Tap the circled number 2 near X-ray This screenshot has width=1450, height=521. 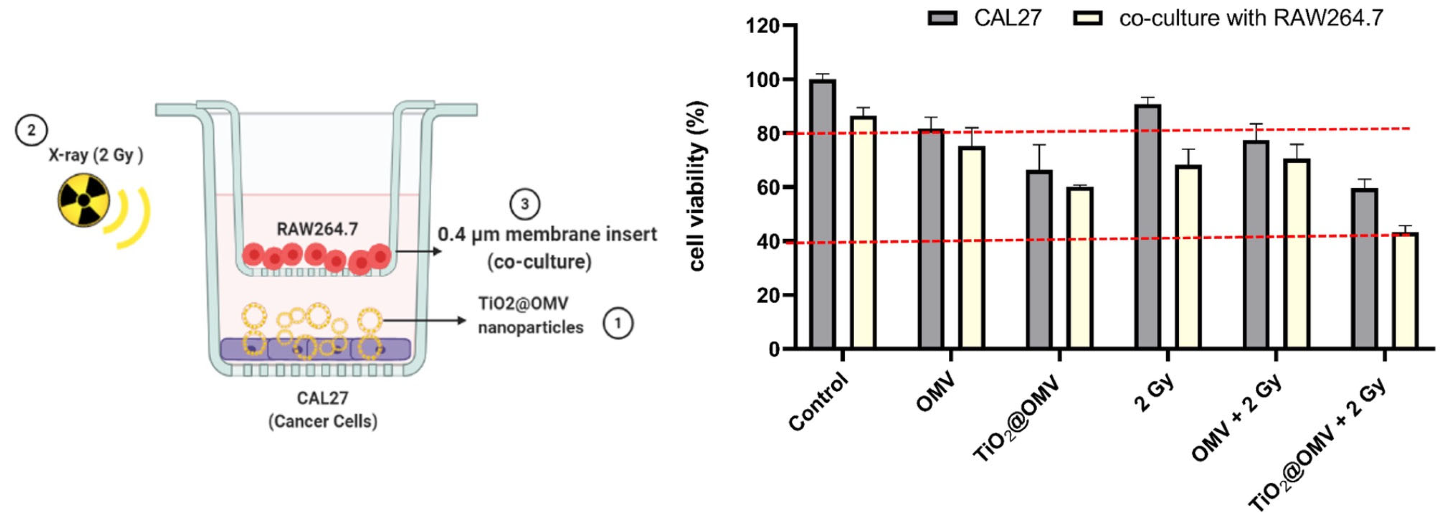coord(31,130)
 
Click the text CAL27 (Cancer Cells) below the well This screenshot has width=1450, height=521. coord(323,410)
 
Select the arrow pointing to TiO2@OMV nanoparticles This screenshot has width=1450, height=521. coord(425,321)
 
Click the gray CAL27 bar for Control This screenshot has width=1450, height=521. coord(823,214)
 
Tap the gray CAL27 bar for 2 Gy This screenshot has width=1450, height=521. coord(1148,226)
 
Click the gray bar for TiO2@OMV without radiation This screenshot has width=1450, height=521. coord(1039,259)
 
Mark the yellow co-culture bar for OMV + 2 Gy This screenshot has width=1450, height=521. coord(1297,253)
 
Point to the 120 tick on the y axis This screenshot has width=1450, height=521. coord(762,26)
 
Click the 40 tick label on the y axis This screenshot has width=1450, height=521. coord(769,241)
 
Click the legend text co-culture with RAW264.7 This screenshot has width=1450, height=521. coord(1251,18)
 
